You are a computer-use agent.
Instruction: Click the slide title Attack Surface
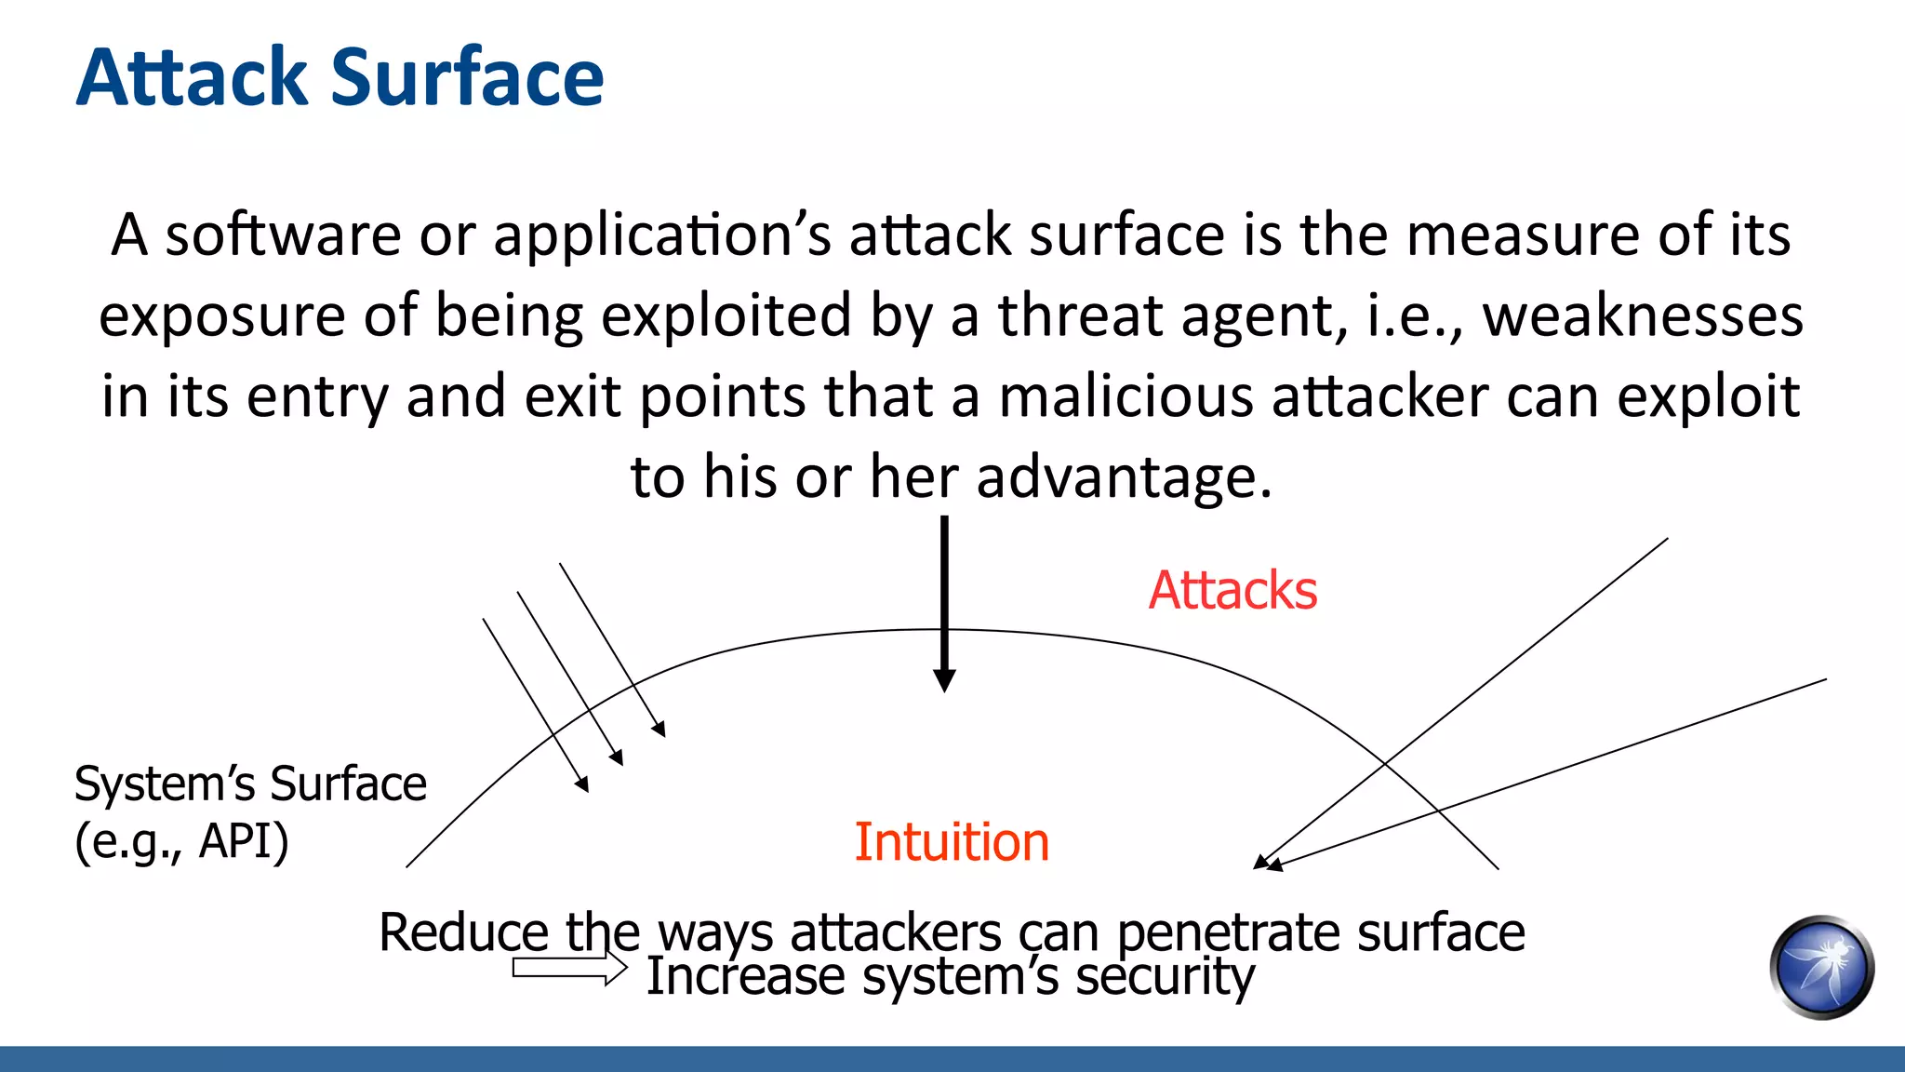tap(340, 77)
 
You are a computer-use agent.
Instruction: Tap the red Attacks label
tap(1232, 590)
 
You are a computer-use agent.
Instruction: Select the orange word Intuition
tap(952, 842)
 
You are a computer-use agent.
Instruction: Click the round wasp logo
tap(1821, 968)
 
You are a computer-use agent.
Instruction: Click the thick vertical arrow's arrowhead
tap(944, 680)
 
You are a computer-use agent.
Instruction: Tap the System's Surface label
tap(250, 784)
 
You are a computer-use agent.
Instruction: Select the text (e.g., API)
tap(181, 841)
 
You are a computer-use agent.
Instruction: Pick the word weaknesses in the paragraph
tap(1643, 315)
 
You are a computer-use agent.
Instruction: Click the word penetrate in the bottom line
tap(1229, 932)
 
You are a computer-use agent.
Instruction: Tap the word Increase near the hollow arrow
tap(745, 976)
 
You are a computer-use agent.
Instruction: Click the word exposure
tap(221, 317)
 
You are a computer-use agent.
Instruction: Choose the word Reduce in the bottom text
tap(463, 932)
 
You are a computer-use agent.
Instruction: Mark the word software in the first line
tap(283, 234)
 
